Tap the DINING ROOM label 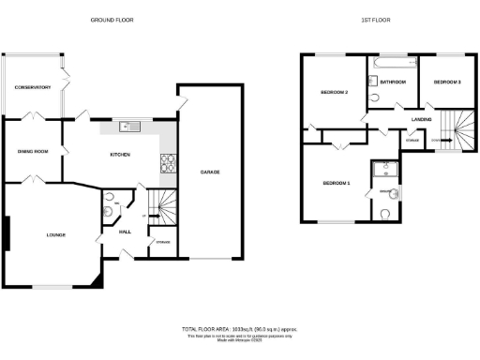pyautogui.click(x=32, y=151)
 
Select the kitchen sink pyautogui.click(x=130, y=127)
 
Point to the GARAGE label pyautogui.click(x=209, y=172)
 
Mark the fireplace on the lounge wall pyautogui.click(x=7, y=233)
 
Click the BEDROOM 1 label pyautogui.click(x=336, y=183)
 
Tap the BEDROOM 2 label pyautogui.click(x=334, y=92)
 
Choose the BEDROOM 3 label pyautogui.click(x=446, y=82)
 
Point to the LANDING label pyautogui.click(x=421, y=119)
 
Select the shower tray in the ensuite pyautogui.click(x=383, y=169)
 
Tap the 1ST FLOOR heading pyautogui.click(x=376, y=20)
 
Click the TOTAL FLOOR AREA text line pyautogui.click(x=239, y=329)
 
